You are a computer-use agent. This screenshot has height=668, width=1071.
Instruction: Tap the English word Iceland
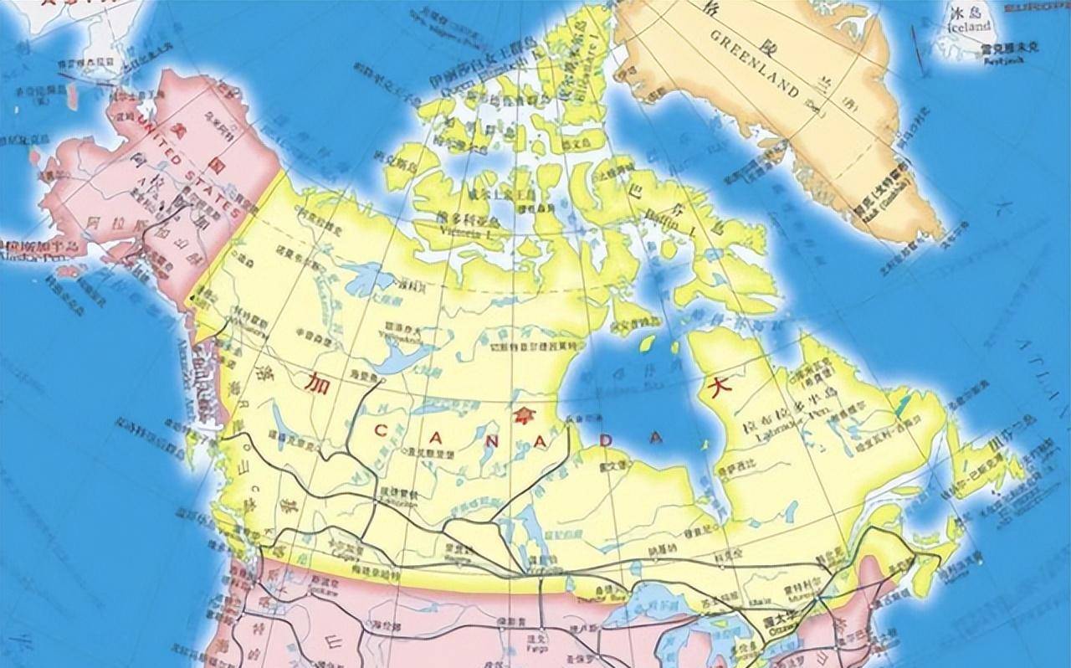(x=970, y=27)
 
